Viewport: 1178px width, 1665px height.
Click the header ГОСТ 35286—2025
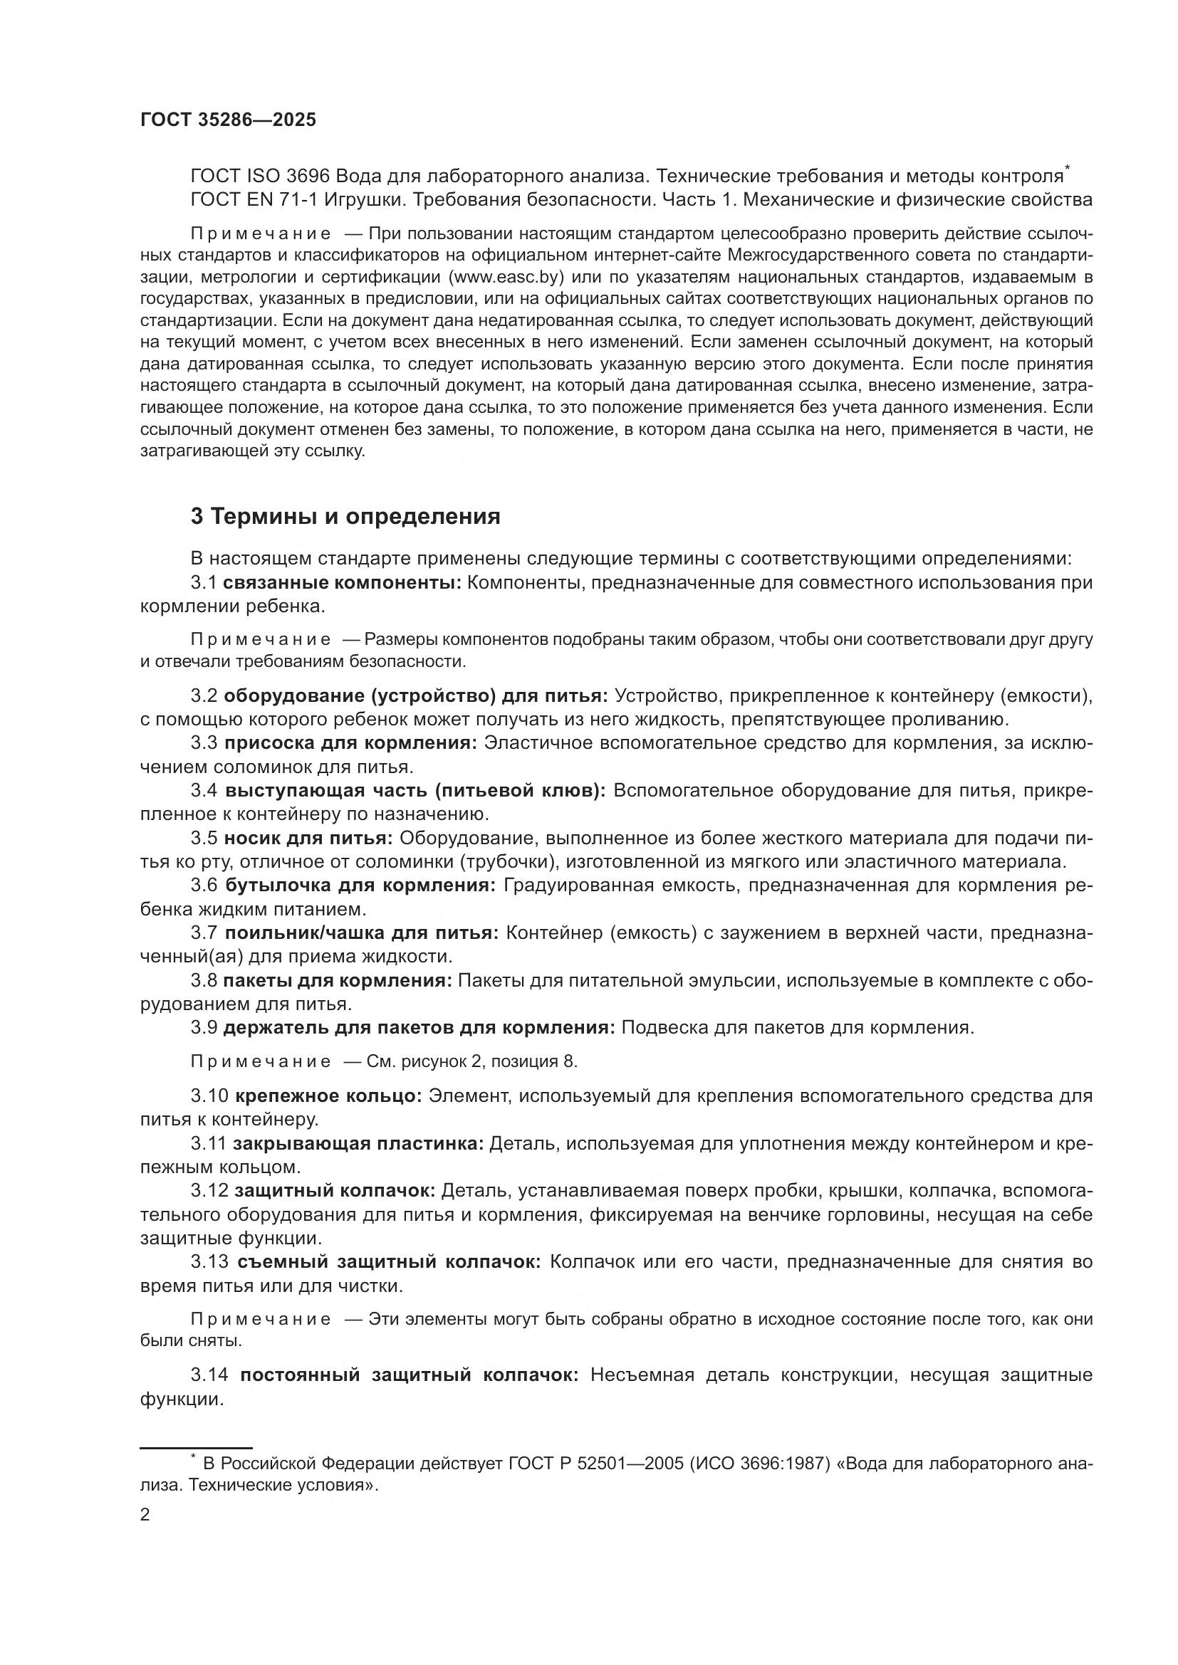[x=228, y=120]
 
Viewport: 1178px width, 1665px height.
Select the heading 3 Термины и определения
[x=345, y=516]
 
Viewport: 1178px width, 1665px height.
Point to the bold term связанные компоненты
[x=342, y=582]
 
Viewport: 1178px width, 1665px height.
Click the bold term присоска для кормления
[x=350, y=742]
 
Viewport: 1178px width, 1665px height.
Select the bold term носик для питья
[x=308, y=838]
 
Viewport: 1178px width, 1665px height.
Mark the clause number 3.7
[x=204, y=933]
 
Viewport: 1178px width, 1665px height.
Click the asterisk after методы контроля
[x=1067, y=169]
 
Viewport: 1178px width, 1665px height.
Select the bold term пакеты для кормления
[x=338, y=980]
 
